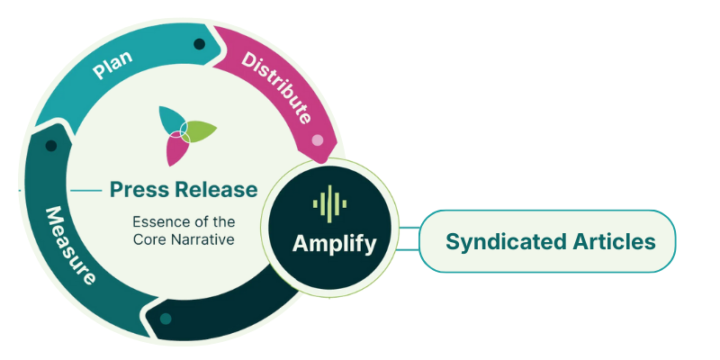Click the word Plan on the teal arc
(x=112, y=65)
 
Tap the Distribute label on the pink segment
(x=275, y=88)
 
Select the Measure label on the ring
(x=70, y=245)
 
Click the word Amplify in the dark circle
(x=334, y=244)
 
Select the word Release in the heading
(x=218, y=189)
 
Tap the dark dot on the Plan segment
(x=199, y=44)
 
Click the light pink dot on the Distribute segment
(x=318, y=140)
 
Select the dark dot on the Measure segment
(x=51, y=146)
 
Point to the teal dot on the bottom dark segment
(x=166, y=319)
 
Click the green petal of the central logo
(x=198, y=130)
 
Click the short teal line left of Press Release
(x=86, y=190)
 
